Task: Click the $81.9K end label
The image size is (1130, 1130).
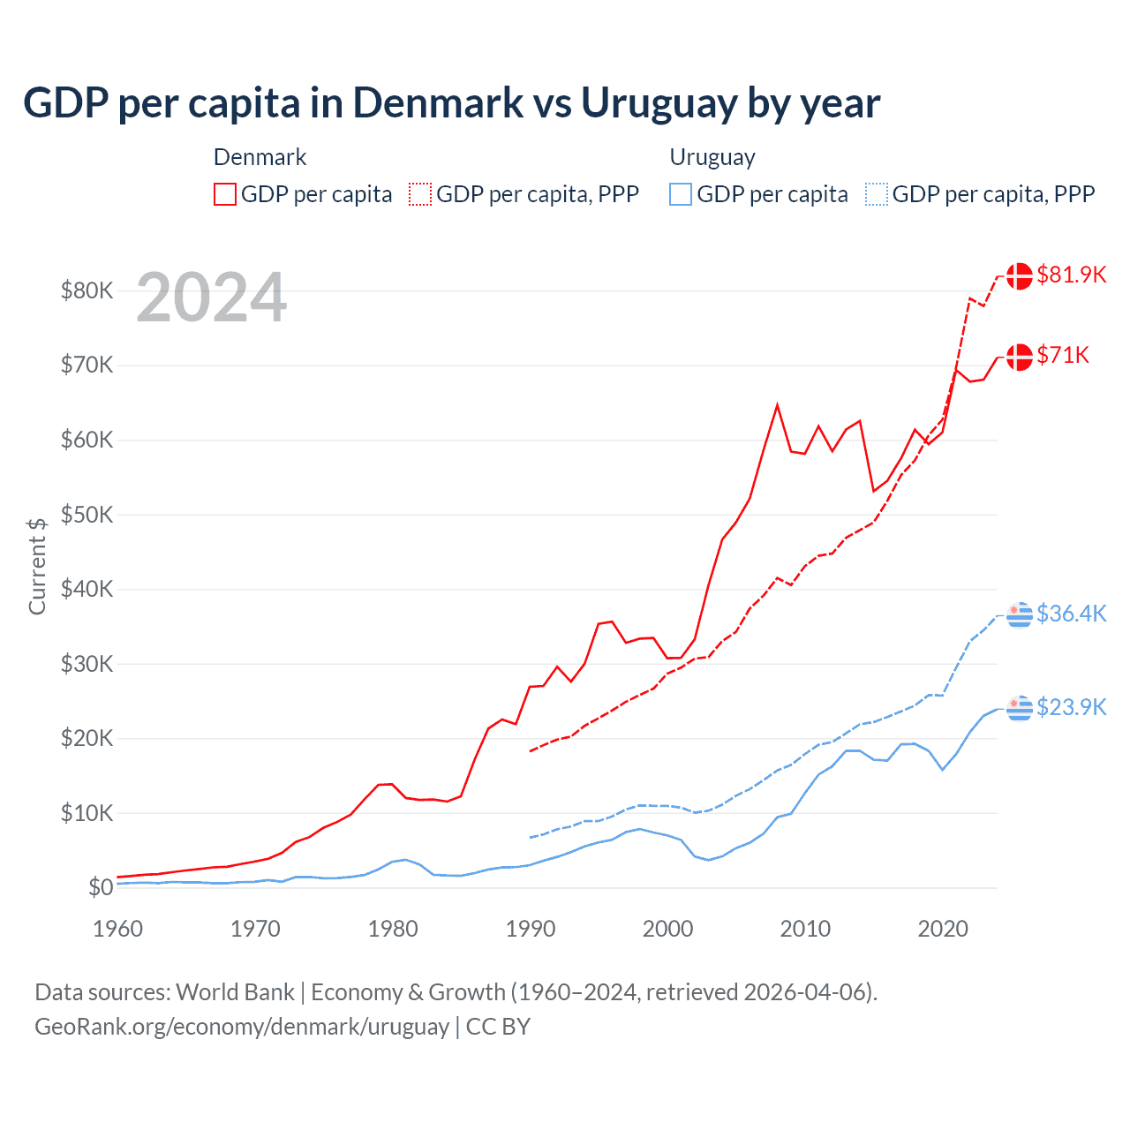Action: tap(1071, 275)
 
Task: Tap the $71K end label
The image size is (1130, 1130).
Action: tap(1063, 355)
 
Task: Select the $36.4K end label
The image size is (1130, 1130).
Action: tap(1071, 614)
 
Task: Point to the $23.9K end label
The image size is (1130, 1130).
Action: tap(1071, 707)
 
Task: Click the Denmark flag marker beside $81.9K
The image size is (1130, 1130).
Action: tap(1020, 275)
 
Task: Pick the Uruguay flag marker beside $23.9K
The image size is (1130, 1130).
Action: tap(1020, 708)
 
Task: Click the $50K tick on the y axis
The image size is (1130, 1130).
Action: tap(87, 515)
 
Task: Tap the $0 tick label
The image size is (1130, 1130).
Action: tap(101, 888)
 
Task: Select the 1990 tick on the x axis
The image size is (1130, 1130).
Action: tap(531, 929)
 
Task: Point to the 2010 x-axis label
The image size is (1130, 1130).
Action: tap(805, 929)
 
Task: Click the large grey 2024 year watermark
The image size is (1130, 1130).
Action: tap(212, 298)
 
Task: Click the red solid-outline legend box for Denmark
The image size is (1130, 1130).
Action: tap(225, 194)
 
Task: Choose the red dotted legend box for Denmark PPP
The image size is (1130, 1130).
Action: tap(420, 194)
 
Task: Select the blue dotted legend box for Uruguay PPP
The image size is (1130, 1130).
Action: tap(877, 194)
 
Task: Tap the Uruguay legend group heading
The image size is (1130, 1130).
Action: tap(712, 157)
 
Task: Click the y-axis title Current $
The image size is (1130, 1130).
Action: tap(37, 566)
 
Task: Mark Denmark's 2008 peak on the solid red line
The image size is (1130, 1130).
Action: tap(777, 405)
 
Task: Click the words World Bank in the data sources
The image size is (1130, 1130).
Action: tap(235, 992)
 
